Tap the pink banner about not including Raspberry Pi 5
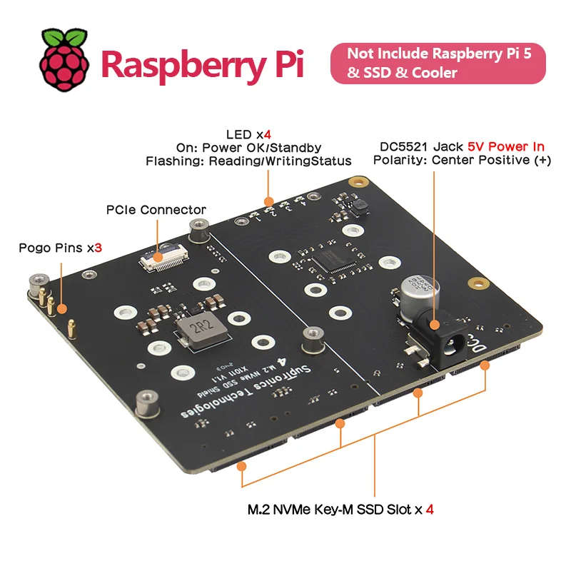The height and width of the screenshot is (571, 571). pyautogui.click(x=437, y=63)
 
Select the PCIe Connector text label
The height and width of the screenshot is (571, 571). pyautogui.click(x=156, y=210)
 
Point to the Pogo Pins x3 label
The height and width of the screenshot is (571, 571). pyautogui.click(x=61, y=248)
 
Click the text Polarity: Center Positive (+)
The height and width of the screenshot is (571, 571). pyautogui.click(x=462, y=161)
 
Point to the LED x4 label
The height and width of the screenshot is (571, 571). pyautogui.click(x=248, y=134)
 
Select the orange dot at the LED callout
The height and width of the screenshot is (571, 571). pyautogui.click(x=268, y=201)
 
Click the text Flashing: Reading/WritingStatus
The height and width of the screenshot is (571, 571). pyautogui.click(x=248, y=161)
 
